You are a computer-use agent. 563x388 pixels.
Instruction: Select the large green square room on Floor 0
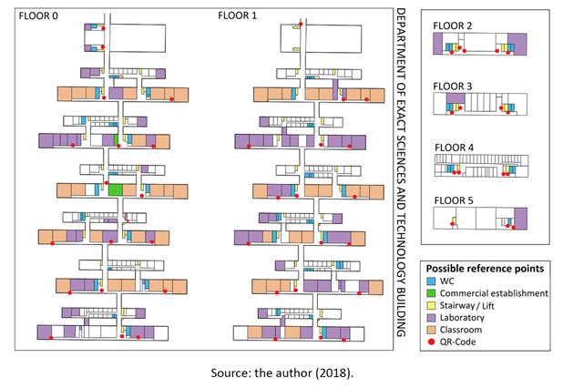[x=116, y=189]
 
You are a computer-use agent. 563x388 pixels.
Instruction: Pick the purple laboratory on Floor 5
[x=520, y=219]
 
